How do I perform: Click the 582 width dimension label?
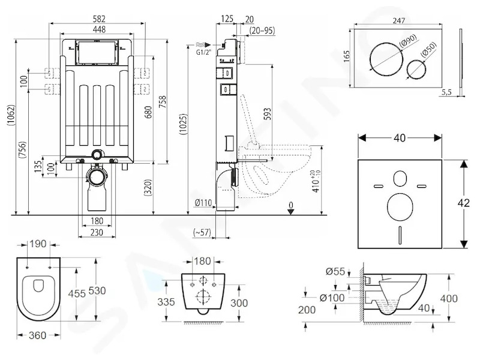(x=99, y=19)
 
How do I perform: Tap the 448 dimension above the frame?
(x=99, y=29)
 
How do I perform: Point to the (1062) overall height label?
(x=11, y=115)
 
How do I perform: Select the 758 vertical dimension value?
(x=162, y=101)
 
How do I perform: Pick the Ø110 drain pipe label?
(x=203, y=202)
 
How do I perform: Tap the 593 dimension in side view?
(x=267, y=114)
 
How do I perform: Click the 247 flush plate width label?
(x=398, y=20)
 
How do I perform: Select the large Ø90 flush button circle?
(x=385, y=59)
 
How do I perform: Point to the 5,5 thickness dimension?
(x=446, y=93)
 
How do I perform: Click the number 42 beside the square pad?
(x=464, y=203)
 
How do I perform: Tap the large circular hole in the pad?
(x=400, y=206)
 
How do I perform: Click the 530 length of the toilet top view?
(x=97, y=290)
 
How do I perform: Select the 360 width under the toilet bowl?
(x=37, y=335)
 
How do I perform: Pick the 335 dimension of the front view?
(x=166, y=302)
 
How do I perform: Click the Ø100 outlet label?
(x=332, y=298)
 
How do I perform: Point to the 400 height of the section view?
(x=449, y=298)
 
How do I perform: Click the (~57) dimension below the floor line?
(x=202, y=232)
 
